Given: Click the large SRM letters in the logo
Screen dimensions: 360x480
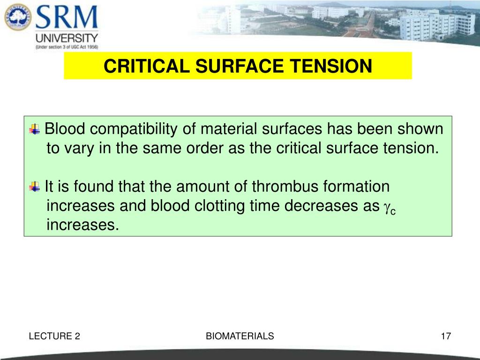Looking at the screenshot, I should (x=67, y=18).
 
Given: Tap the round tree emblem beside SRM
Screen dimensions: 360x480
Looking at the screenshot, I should (x=16, y=18).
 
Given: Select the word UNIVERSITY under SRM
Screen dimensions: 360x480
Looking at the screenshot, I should (x=67, y=38).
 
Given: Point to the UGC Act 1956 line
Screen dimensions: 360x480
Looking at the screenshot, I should (x=67, y=47).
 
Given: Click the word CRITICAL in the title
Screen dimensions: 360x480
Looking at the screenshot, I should (x=147, y=66).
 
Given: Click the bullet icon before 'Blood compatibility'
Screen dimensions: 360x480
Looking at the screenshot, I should (x=35, y=128).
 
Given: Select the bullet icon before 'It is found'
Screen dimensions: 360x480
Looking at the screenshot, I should (x=35, y=187).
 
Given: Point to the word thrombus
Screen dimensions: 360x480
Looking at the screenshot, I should (x=285, y=187).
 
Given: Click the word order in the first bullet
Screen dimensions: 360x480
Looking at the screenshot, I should (x=204, y=148).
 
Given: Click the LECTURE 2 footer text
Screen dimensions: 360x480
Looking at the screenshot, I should (x=54, y=336).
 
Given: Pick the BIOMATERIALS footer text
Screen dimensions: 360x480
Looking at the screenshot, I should (x=240, y=336).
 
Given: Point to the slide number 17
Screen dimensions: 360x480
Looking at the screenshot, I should (x=445, y=336).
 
